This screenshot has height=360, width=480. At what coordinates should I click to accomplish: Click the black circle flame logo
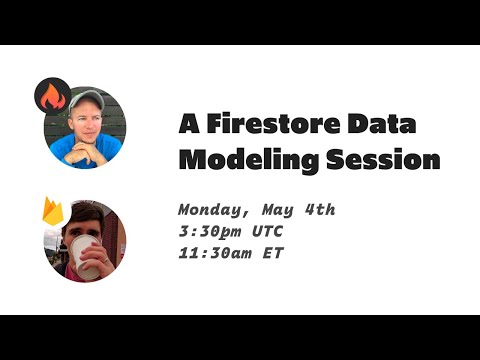tap(52, 96)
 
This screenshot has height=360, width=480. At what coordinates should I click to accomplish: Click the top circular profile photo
tap(86, 127)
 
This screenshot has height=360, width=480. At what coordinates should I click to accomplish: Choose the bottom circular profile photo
tap(86, 241)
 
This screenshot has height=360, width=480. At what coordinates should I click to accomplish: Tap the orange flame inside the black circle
tap(52, 97)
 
